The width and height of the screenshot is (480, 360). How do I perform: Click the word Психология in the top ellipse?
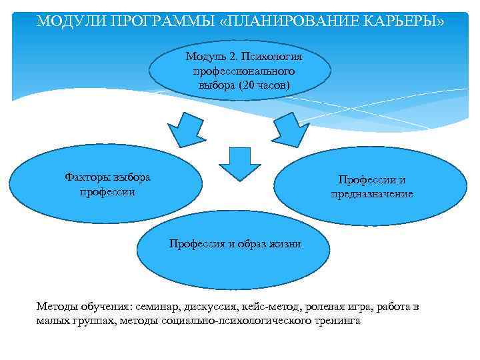pyautogui.click(x=275, y=57)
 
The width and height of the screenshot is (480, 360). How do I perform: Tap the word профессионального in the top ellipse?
pyautogui.click(x=239, y=71)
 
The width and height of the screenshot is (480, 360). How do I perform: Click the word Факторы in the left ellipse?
pyautogui.click(x=87, y=177)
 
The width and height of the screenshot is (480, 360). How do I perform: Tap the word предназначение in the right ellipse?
pyautogui.click(x=372, y=194)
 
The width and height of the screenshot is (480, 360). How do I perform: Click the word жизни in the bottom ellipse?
pyautogui.click(x=285, y=244)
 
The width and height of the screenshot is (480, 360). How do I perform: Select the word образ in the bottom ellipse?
pyautogui.click(x=252, y=244)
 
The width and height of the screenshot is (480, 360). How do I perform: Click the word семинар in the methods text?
pyautogui.click(x=157, y=307)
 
